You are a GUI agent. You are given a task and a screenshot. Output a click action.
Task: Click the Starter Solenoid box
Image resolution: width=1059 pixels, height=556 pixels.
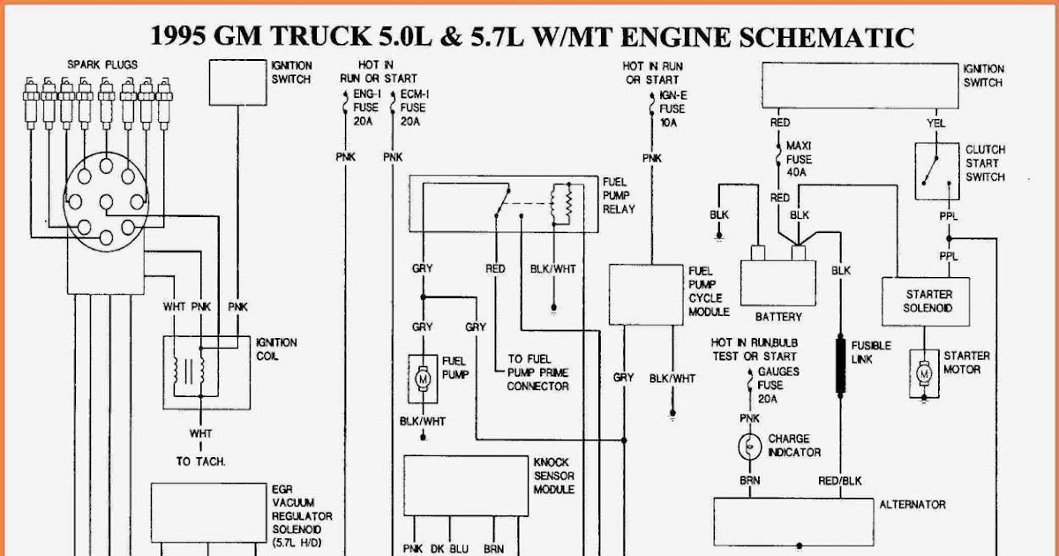point(927,301)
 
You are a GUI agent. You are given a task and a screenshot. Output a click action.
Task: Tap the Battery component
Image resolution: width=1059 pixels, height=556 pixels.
point(777,281)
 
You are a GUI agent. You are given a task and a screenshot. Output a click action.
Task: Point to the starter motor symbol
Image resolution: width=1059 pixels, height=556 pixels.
point(925,373)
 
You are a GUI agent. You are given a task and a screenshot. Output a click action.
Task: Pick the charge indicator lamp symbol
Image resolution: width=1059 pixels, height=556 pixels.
point(749,447)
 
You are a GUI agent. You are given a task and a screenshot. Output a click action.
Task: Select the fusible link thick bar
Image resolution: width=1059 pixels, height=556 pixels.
point(839,363)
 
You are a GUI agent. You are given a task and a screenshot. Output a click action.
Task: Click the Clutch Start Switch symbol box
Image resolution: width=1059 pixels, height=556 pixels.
point(935,171)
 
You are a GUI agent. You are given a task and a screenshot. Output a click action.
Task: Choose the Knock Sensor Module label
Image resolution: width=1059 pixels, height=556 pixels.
point(554,477)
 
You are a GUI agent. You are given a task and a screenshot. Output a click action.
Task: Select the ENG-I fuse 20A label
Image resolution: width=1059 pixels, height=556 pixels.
point(367,107)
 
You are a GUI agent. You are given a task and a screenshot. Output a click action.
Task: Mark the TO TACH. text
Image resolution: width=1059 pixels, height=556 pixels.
point(200,462)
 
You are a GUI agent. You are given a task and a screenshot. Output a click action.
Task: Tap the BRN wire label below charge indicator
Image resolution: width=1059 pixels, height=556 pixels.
point(749,481)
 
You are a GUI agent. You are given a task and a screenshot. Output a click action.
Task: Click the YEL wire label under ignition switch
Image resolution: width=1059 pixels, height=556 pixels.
point(936,123)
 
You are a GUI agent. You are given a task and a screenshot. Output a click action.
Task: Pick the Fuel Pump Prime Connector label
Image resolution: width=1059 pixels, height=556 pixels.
point(537,372)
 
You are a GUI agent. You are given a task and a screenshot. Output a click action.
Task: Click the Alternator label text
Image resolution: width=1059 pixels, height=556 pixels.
point(913,505)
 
